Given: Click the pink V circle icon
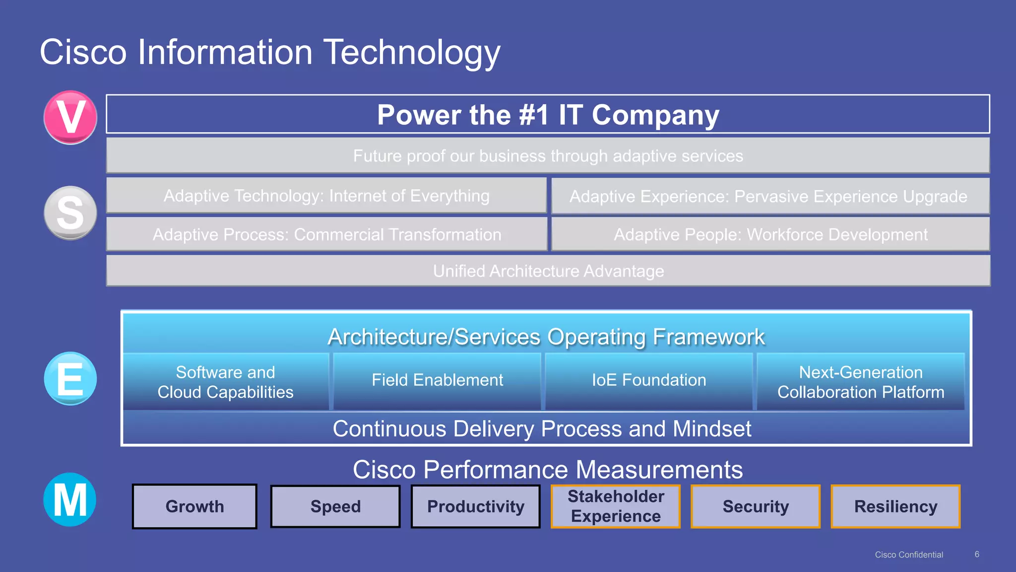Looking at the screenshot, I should point(70,117).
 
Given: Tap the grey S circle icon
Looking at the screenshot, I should point(70,213).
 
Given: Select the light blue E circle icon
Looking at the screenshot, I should point(70,378).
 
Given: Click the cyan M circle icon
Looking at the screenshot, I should point(70,500).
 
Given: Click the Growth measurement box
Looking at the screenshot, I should point(194,506).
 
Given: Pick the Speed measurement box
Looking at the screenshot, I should point(335,506).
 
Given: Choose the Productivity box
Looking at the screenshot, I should point(475,506).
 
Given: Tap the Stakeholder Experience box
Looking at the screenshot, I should point(616,506).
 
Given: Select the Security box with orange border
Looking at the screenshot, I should point(756,506).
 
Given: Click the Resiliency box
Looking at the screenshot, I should point(895,506).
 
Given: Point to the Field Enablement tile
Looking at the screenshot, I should point(437,381).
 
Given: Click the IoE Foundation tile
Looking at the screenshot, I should point(649,381).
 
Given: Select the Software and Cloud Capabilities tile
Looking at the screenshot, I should point(226,382).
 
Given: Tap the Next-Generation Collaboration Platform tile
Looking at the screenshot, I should point(861,382).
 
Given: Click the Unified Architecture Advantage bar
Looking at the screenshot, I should point(548,271).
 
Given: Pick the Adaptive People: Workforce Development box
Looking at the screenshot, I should point(770,234).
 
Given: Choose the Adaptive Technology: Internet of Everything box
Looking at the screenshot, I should point(326,196).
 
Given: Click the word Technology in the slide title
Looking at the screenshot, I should point(412,53).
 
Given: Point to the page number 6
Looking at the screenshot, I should point(977,554).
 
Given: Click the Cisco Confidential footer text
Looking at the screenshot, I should point(909,555).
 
